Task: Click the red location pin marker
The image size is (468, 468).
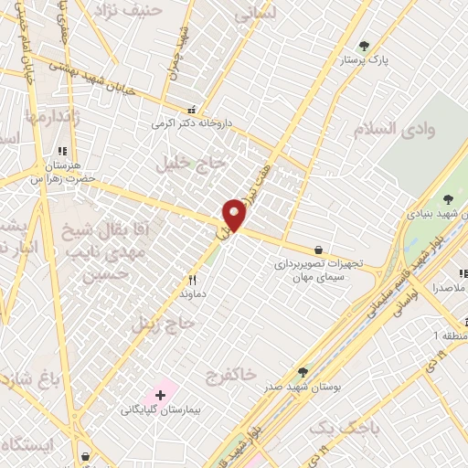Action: pos(234,216)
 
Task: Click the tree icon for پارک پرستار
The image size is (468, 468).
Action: pos(365,46)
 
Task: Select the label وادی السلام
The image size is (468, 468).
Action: pos(406,129)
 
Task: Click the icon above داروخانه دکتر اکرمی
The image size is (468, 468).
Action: pos(190,107)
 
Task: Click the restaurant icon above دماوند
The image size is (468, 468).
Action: pos(192,280)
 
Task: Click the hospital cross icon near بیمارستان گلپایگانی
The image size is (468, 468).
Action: pos(162,396)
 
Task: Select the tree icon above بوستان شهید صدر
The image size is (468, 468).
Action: pos(303,371)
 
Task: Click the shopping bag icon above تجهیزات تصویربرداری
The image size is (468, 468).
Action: pos(318,250)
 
